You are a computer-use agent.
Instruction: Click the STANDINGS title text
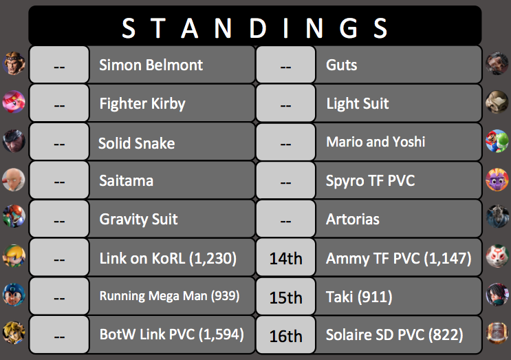(x=254, y=28)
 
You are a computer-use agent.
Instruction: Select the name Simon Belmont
(x=151, y=65)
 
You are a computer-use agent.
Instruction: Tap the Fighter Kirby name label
(x=142, y=104)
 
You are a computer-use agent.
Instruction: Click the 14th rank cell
(x=286, y=259)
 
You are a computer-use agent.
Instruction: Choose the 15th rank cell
(x=286, y=297)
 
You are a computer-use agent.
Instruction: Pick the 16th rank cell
(x=286, y=336)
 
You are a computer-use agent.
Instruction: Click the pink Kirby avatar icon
(x=14, y=102)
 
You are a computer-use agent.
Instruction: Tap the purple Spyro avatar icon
(x=497, y=180)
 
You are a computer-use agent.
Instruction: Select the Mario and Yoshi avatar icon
(x=497, y=141)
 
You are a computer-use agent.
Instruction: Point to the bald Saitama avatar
(x=14, y=180)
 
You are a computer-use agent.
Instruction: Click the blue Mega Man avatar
(x=14, y=295)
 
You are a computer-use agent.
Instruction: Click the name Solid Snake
(x=137, y=143)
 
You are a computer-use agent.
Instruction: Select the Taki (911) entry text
(x=359, y=297)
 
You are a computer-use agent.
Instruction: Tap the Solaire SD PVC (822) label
(x=394, y=335)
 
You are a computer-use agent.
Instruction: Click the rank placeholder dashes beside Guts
(x=286, y=67)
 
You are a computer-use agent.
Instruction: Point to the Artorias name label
(x=353, y=219)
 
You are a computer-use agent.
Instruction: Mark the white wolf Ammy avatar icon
(x=497, y=256)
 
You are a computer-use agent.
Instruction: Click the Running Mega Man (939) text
(x=169, y=296)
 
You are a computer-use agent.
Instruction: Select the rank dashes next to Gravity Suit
(x=59, y=222)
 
